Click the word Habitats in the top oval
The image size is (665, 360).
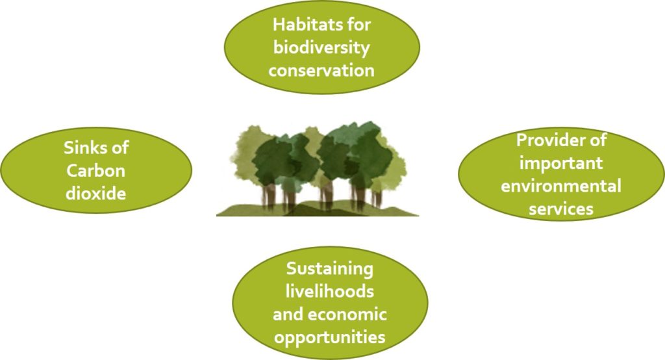click(301, 24)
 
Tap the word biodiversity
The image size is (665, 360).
click(321, 48)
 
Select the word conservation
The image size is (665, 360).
click(321, 70)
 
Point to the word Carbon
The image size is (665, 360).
click(96, 171)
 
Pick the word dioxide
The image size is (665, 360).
click(96, 193)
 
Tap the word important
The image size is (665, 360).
click(560, 164)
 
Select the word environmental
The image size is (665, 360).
click(560, 185)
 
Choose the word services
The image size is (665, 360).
click(560, 209)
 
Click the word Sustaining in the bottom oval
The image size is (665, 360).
click(329, 269)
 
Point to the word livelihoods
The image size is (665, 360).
click(329, 291)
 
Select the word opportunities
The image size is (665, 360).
click(329, 338)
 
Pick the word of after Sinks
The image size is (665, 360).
click(118, 148)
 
